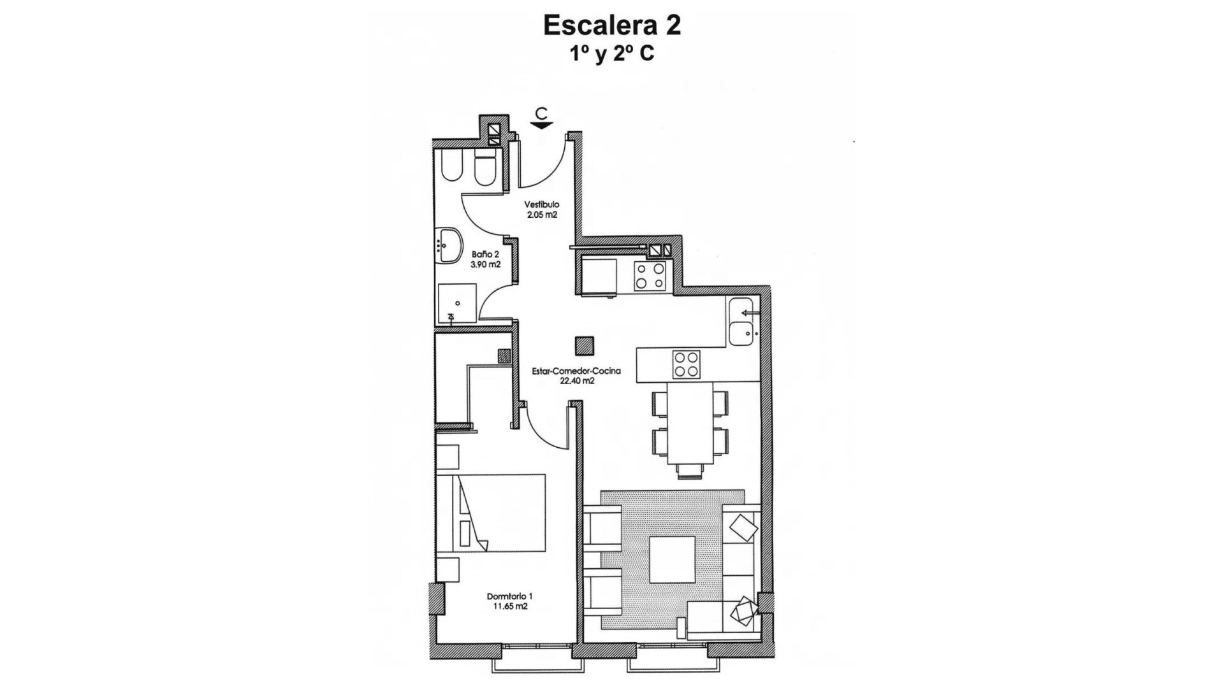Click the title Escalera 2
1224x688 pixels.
tap(611, 25)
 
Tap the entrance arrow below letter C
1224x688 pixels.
tap(541, 125)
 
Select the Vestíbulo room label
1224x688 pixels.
tap(542, 204)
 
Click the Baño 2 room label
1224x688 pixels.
tap(485, 254)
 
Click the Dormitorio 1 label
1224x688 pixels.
tap(509, 596)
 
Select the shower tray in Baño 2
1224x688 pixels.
tap(457, 303)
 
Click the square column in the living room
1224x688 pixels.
tap(584, 346)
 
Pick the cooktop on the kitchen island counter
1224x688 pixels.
tap(686, 365)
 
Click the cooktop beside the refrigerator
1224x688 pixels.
tap(650, 276)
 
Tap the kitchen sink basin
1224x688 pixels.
tap(741, 333)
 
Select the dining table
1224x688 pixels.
tap(690, 423)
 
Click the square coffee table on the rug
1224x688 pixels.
tap(672, 559)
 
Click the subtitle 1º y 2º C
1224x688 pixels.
tap(611, 54)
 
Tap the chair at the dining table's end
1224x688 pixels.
tap(690, 471)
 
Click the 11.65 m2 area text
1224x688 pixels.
tap(509, 606)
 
